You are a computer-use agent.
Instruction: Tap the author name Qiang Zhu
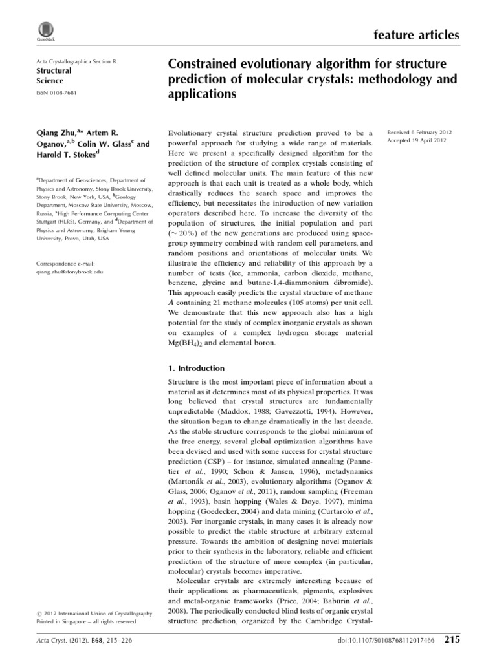54,132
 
